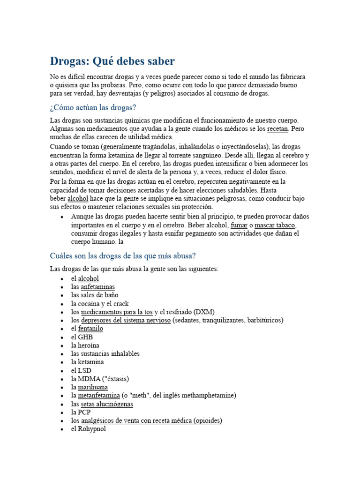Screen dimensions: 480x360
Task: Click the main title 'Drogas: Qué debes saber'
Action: pyautogui.click(x=112, y=61)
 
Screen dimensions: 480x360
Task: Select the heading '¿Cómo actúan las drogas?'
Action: pyautogui.click(x=93, y=108)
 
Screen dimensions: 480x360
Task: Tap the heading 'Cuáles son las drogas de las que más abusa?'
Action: pyautogui.click(x=122, y=256)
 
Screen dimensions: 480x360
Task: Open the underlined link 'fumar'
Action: pyautogui.click(x=239, y=225)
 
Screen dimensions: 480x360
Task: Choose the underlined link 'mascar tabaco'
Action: pyautogui.click(x=275, y=225)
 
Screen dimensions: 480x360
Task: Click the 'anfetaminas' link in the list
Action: pyautogui.click(x=97, y=287)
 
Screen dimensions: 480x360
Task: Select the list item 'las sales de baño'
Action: pyautogui.click(x=95, y=295)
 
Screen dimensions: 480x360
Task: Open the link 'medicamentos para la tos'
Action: pyautogui.click(x=117, y=312)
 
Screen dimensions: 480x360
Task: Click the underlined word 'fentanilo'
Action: pyautogui.click(x=90, y=329)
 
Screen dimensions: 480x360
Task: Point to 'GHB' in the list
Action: pyautogui.click(x=85, y=337)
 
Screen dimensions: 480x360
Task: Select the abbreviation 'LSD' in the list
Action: pyautogui.click(x=84, y=371)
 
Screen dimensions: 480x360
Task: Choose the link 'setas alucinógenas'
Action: pyautogui.click(x=107, y=404)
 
